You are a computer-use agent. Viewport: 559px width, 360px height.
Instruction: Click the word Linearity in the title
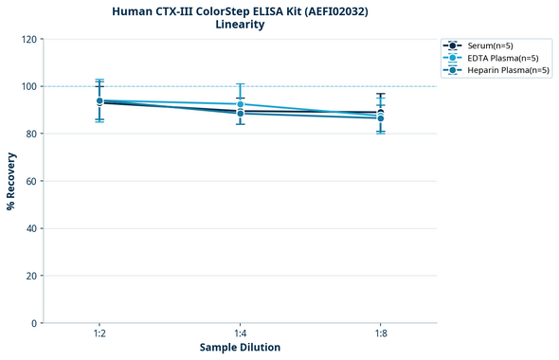pos(240,25)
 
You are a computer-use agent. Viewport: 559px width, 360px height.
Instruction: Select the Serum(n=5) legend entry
pos(490,45)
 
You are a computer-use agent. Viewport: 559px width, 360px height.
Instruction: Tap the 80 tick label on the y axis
pos(30,134)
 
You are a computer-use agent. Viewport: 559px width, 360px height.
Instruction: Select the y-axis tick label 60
pos(30,181)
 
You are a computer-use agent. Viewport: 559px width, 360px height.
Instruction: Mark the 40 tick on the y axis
pos(30,228)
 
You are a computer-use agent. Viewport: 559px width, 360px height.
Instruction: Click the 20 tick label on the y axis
pos(30,276)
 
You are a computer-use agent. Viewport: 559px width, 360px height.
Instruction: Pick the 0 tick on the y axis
pos(33,323)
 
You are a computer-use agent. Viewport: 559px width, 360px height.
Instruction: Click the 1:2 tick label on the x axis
pos(99,333)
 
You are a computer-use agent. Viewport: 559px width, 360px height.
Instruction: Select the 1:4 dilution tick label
pos(240,333)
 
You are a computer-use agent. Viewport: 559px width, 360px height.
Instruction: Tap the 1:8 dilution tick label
pos(380,333)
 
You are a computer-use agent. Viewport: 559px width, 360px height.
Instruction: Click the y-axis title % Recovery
pos(11,181)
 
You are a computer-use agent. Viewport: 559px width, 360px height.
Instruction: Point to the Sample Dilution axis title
pos(240,348)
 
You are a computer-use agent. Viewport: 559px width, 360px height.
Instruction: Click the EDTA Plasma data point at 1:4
pos(240,104)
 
